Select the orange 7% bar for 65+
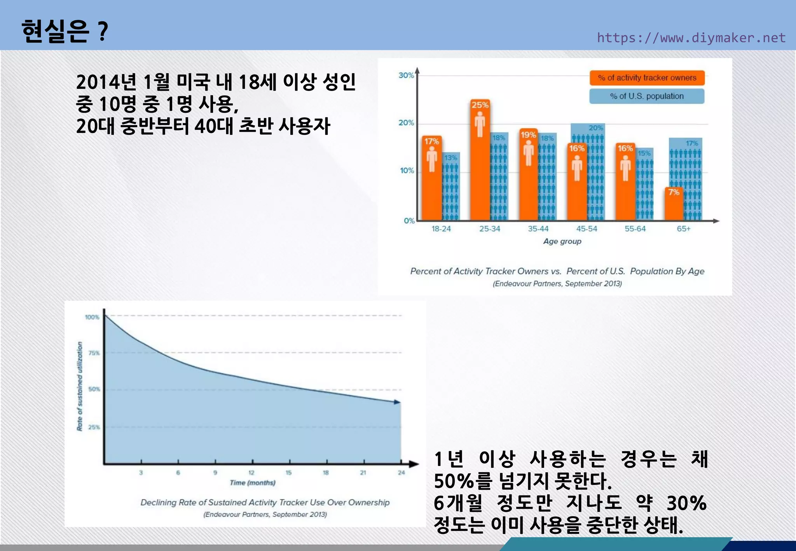(674, 204)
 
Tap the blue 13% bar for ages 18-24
(451, 187)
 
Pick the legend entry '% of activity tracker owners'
(647, 78)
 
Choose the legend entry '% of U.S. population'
(647, 96)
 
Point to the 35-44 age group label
(538, 229)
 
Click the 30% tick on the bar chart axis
(406, 75)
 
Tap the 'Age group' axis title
(562, 241)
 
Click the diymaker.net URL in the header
(691, 38)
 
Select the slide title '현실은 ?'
(65, 31)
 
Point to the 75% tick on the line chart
(94, 353)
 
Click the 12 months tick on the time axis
(251, 473)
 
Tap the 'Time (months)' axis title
(253, 483)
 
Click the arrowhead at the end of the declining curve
(397, 402)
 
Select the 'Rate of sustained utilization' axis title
(80, 386)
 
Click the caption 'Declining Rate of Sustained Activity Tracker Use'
(265, 502)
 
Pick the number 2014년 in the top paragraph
(106, 82)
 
